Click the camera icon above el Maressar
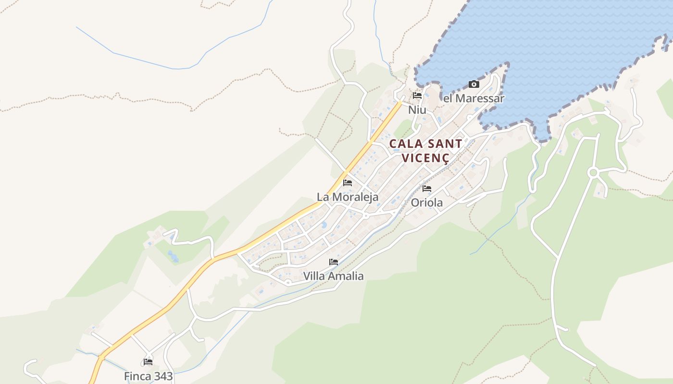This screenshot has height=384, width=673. (x=474, y=84)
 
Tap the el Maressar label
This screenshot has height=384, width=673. (x=474, y=98)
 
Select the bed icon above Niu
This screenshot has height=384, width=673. (x=417, y=96)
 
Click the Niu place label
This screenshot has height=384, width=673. (x=417, y=110)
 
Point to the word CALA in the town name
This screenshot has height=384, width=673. (x=404, y=144)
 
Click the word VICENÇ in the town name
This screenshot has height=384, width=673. (x=425, y=158)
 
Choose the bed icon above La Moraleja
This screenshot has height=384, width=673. (x=348, y=183)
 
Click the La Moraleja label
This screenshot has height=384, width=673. (x=348, y=197)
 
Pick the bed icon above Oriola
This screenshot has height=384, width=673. (x=427, y=189)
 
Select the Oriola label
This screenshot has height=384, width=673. (x=427, y=203)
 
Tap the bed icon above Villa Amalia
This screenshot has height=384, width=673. (x=334, y=262)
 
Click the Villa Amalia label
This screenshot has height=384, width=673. (x=333, y=276)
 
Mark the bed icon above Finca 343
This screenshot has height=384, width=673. (x=148, y=362)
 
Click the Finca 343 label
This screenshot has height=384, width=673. (x=148, y=376)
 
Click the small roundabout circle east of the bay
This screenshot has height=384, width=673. (x=593, y=172)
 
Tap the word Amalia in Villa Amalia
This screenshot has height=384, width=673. (x=345, y=276)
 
